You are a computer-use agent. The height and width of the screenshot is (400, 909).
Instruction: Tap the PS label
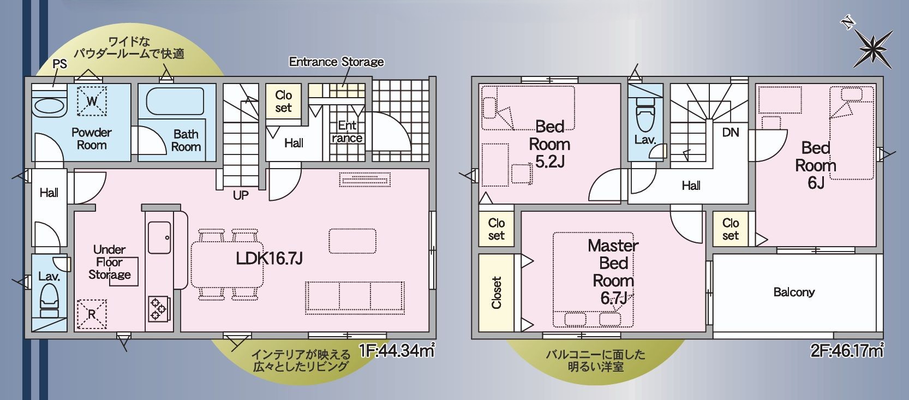click(59, 64)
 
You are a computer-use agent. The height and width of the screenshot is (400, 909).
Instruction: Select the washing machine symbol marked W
click(92, 101)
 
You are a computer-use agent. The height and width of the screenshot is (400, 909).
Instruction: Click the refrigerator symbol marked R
click(91, 314)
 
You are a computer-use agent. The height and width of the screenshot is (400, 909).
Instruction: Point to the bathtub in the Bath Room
click(175, 102)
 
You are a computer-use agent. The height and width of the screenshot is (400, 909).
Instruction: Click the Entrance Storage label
click(336, 62)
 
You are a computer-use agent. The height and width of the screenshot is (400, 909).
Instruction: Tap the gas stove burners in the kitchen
click(158, 307)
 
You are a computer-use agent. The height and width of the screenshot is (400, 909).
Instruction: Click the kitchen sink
click(159, 238)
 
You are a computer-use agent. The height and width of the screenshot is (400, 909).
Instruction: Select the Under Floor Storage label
click(110, 262)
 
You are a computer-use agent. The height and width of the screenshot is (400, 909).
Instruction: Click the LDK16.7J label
click(269, 258)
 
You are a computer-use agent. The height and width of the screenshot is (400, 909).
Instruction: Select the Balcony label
click(794, 292)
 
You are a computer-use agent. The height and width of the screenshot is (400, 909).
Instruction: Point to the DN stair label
click(730, 132)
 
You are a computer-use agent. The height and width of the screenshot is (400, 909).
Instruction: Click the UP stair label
click(241, 195)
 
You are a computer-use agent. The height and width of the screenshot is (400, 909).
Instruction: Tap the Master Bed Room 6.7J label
click(613, 272)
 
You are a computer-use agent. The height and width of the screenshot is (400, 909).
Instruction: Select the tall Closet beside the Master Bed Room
click(496, 293)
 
